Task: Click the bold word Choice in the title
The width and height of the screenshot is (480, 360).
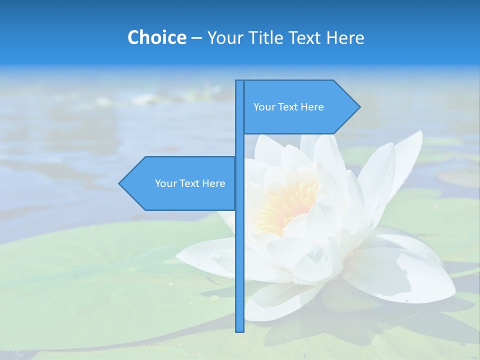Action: point(156,37)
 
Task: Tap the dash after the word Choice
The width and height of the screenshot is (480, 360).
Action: point(196,38)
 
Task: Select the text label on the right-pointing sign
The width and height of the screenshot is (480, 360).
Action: point(288,107)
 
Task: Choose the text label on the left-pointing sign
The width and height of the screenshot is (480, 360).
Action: point(190,183)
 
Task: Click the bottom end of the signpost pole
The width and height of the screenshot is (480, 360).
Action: point(240,330)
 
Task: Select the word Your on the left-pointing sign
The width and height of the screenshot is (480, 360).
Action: point(165,183)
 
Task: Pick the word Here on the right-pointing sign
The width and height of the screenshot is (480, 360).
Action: point(312,107)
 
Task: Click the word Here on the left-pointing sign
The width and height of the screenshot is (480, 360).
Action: point(214,183)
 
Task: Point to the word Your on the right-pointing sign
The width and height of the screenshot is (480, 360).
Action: point(264,107)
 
